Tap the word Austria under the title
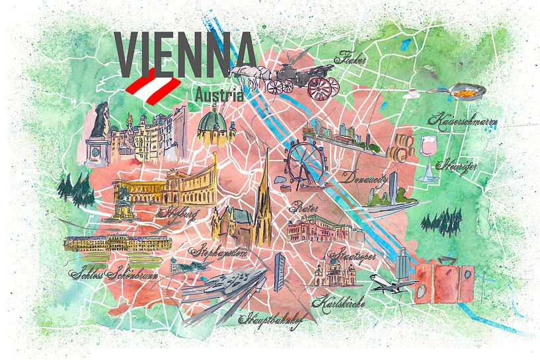[x=219, y=94]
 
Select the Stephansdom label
[x=219, y=252]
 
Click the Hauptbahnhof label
[x=270, y=322]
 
